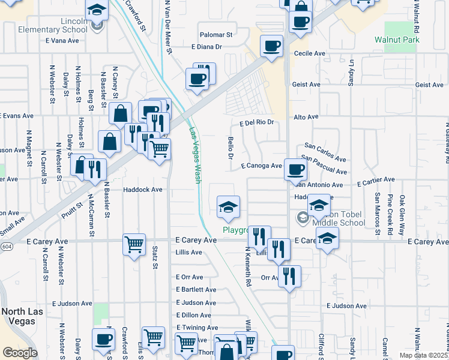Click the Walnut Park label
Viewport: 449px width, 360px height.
pyautogui.click(x=397, y=40)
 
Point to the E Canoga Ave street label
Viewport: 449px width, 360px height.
pyautogui.click(x=261, y=166)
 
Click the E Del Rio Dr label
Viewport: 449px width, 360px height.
pyautogui.click(x=256, y=122)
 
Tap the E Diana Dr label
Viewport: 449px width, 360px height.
pyautogui.click(x=206, y=46)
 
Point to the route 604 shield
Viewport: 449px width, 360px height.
pyautogui.click(x=5, y=247)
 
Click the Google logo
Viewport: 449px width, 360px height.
pyautogui.click(x=20, y=352)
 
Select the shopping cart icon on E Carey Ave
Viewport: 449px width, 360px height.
pyautogui.click(x=134, y=244)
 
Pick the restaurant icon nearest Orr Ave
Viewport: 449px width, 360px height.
pyautogui.click(x=289, y=276)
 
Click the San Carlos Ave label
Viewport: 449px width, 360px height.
pyautogui.click(x=325, y=152)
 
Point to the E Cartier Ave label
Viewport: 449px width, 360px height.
pyautogui.click(x=375, y=179)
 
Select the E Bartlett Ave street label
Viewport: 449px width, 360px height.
pyautogui.click(x=196, y=290)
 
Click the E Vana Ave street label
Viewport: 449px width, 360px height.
pyautogui.click(x=62, y=41)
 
